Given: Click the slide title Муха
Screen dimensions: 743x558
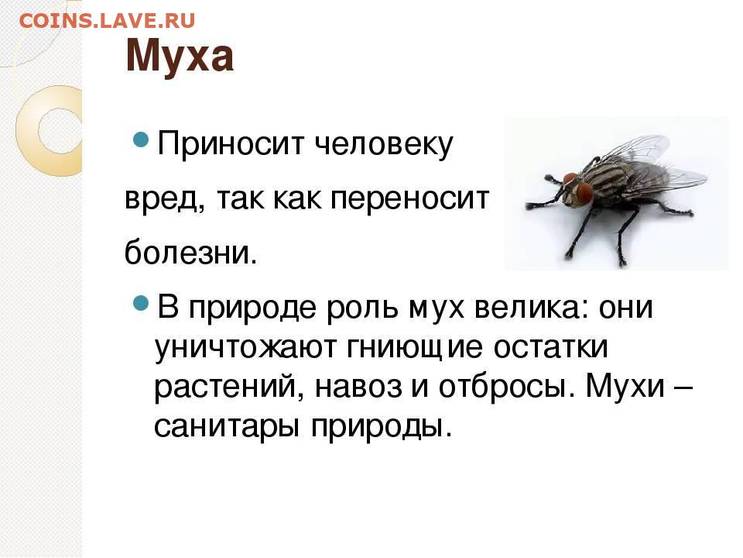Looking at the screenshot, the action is pos(180,56).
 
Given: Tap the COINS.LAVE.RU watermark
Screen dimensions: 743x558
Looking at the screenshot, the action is pos(107,20).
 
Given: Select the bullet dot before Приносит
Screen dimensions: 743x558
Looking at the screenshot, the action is pos(141,139).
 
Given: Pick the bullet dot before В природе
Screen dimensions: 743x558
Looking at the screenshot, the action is pos(141,303).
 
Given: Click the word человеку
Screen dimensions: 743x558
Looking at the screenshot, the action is pos(384,143).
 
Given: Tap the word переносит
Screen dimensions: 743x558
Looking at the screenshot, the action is pos(409,198).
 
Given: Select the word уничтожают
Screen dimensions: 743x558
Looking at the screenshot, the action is pos(245,348).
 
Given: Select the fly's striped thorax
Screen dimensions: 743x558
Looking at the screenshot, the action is pos(608,183).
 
